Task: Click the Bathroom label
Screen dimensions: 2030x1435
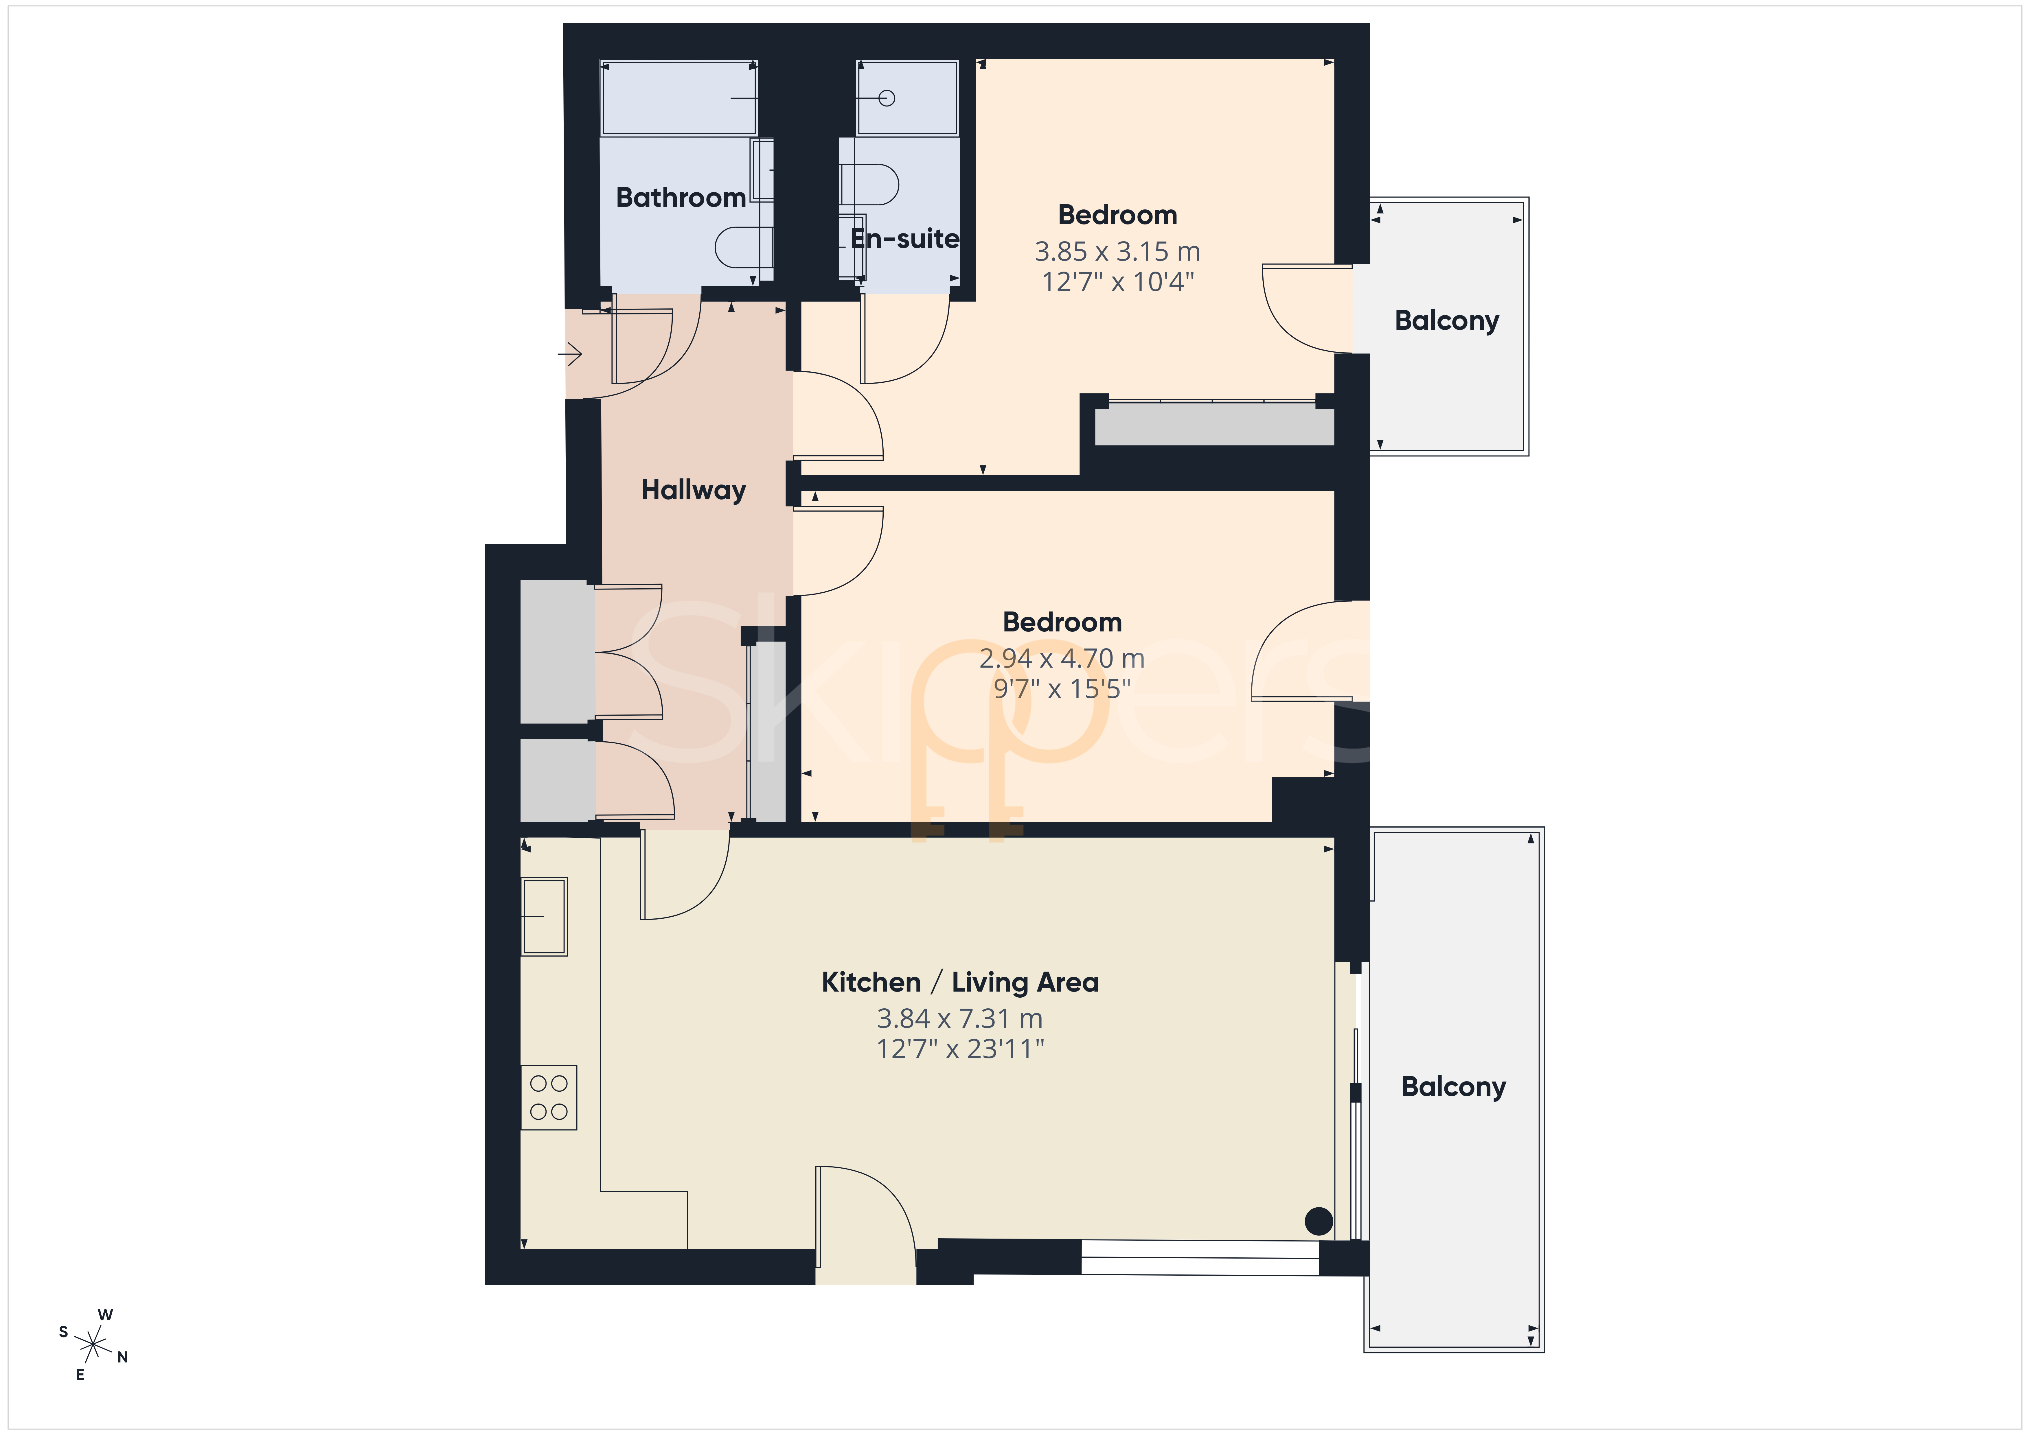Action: (681, 197)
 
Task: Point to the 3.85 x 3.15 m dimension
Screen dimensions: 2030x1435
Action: (1117, 252)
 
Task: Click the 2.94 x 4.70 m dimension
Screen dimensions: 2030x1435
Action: (1062, 659)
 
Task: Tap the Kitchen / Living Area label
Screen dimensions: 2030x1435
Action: (960, 982)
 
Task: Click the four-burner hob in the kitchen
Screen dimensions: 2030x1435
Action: (548, 1097)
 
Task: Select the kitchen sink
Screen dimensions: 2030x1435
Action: (544, 916)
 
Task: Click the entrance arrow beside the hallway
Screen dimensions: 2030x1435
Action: (569, 355)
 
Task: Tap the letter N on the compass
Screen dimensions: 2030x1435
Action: (123, 1357)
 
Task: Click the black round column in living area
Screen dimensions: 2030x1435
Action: (1318, 1221)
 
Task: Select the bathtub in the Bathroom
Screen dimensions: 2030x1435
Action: (678, 98)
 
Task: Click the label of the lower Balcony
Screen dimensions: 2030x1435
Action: (1454, 1087)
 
